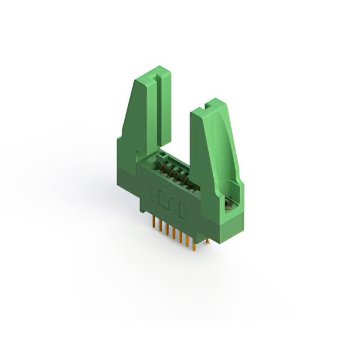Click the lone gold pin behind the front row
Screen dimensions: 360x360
[206, 240]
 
